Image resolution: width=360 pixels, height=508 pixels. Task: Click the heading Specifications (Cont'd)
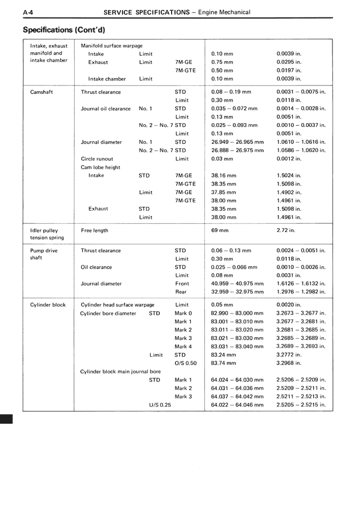[64, 29]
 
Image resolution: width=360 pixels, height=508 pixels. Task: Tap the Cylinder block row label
[48, 305]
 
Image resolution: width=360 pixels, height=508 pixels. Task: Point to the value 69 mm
[219, 230]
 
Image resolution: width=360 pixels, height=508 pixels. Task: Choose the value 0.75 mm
[222, 62]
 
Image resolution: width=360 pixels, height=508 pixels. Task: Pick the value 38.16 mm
[223, 175]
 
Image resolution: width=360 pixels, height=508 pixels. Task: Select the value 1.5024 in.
[289, 175]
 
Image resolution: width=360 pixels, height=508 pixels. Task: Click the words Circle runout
[97, 159]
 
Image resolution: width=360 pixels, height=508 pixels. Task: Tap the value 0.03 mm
[222, 159]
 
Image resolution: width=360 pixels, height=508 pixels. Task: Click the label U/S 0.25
[160, 405]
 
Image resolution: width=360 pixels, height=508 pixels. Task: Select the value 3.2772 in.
[289, 355]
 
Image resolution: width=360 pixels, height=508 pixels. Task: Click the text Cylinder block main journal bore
[120, 371]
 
